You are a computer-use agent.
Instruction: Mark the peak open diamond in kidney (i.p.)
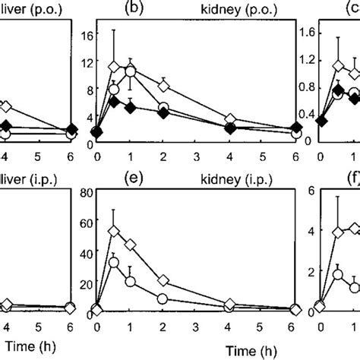(114, 231)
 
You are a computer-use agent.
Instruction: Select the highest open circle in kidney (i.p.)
(114, 263)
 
